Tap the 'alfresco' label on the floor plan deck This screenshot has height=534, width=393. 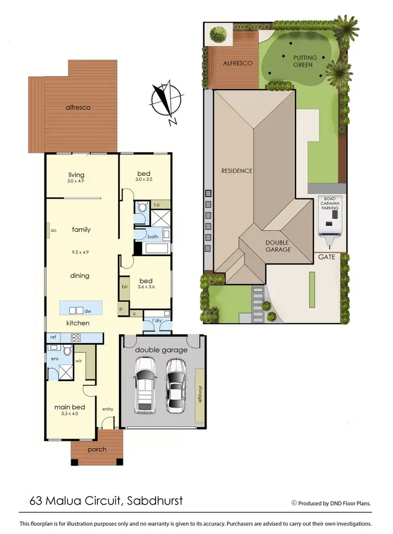[78, 107]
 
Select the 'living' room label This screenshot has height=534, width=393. [77, 175]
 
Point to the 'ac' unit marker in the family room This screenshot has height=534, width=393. [53, 230]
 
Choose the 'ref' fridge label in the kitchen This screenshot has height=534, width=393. [53, 338]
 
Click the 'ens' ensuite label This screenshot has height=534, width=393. [55, 358]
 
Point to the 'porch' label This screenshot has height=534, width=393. [97, 449]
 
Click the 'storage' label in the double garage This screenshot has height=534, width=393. [200, 393]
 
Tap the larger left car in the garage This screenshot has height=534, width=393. [144, 385]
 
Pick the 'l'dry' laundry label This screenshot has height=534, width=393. [157, 320]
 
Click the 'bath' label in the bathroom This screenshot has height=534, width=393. [153, 237]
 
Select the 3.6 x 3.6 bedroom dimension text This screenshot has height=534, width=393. [146, 287]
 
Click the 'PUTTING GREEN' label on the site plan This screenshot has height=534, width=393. [303, 61]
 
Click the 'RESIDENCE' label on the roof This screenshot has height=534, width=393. [237, 171]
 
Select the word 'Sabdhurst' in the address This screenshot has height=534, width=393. [156, 500]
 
